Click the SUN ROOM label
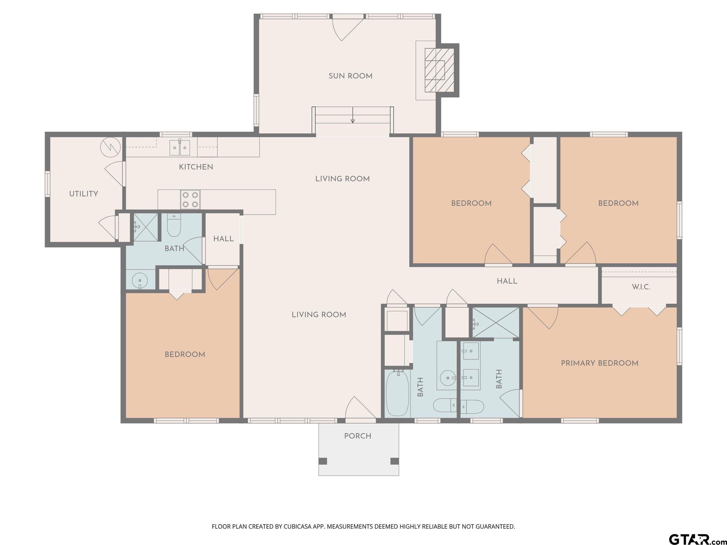click(350, 76)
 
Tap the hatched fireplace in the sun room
click(440, 70)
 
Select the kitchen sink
click(180, 147)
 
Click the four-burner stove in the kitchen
click(190, 199)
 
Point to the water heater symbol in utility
click(111, 147)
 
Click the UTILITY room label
click(84, 194)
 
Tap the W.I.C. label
click(641, 287)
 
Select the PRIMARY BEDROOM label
click(599, 363)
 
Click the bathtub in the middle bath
click(398, 393)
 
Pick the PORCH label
click(358, 436)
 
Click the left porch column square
click(323, 461)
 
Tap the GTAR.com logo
click(697, 539)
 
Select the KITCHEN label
click(196, 167)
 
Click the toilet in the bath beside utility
click(174, 225)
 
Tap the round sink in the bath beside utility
click(140, 280)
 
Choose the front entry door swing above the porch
click(360, 407)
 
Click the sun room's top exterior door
click(348, 29)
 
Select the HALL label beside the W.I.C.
click(507, 281)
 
